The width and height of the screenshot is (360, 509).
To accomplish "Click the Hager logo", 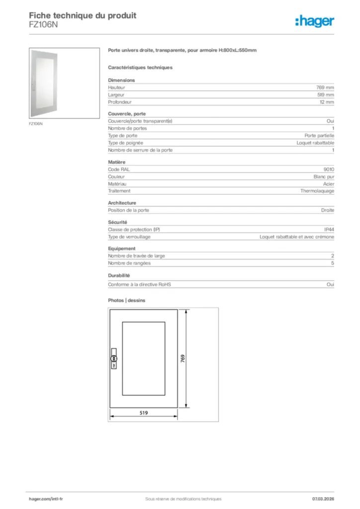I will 315,20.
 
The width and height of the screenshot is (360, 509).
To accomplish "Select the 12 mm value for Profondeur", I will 327,102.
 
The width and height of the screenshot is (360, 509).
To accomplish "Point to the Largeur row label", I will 116,95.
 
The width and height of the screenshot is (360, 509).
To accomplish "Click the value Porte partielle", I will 319,135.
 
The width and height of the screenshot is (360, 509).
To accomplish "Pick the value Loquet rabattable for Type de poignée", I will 315,143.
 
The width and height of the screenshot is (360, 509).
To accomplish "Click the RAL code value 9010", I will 329,170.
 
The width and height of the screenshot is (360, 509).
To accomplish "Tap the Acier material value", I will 328,183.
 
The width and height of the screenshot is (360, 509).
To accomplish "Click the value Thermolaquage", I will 317,191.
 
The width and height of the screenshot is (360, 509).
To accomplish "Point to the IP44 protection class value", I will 329,230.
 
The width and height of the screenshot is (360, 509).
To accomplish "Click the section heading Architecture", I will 122,203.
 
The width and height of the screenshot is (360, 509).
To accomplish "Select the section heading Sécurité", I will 118,222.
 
